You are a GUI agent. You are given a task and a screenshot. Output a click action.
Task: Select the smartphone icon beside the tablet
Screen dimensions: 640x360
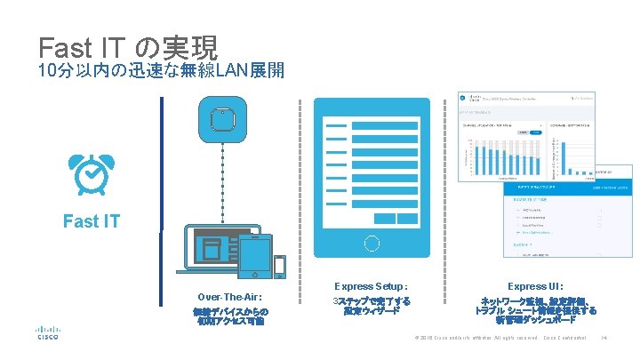[x=280, y=267]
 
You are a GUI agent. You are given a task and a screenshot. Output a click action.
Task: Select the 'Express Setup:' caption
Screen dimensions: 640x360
[x=372, y=286]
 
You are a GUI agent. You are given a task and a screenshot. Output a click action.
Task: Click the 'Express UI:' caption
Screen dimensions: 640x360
[x=535, y=286]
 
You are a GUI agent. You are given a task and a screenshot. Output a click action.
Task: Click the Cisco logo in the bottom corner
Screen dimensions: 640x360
[x=47, y=333]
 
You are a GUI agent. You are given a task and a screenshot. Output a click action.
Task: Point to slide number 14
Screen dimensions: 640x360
[x=604, y=338]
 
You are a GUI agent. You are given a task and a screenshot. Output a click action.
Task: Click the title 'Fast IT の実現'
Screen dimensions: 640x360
[x=129, y=46]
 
